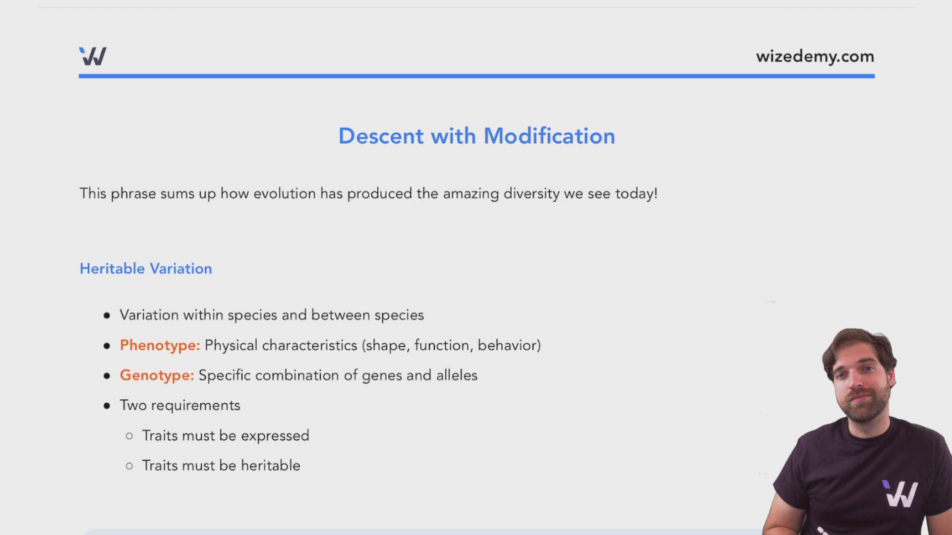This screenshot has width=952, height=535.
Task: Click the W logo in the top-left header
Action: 93,56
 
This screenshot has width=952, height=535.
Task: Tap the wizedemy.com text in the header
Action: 815,56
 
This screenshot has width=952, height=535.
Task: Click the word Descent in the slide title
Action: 381,136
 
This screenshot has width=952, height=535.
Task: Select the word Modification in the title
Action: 549,136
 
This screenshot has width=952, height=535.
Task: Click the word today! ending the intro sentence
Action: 636,193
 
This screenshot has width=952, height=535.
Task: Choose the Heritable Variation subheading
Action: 146,268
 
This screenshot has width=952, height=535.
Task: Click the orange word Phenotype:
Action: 160,345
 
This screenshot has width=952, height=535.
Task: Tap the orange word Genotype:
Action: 157,375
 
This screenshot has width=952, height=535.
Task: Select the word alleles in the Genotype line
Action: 457,375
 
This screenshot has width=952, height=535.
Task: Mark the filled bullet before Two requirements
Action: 107,406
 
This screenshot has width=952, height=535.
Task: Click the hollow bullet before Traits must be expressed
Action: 129,436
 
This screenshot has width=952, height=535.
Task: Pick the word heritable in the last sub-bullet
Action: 270,466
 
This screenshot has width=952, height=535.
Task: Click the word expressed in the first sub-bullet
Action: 275,436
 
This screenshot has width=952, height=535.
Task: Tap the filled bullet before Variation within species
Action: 107,316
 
